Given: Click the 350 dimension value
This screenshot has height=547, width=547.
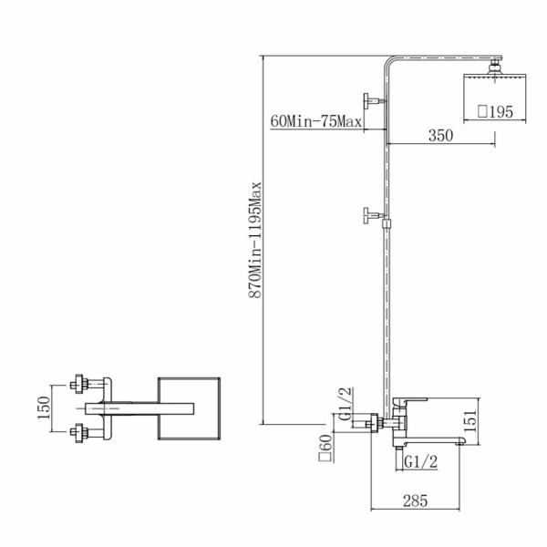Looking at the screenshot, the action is (440, 135).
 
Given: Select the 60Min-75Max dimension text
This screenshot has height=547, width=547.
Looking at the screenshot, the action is (316, 122).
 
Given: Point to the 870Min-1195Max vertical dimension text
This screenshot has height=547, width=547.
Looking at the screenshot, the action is (255, 239).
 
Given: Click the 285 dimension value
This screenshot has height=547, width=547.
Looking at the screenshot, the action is (415, 501).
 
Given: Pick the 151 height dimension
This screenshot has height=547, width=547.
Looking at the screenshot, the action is (471, 421).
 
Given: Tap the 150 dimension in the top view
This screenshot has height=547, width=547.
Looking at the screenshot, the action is (45, 408).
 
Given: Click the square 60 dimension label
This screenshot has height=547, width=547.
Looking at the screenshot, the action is (325, 448).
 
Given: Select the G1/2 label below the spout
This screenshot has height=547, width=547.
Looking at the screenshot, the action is (420, 462).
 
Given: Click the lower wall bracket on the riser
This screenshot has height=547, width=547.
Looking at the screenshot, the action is (373, 215).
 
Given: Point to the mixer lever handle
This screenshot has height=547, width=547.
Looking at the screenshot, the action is (410, 402).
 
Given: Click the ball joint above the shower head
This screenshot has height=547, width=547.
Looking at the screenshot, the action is (495, 66).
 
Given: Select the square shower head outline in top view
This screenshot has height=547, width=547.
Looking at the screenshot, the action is (189, 408).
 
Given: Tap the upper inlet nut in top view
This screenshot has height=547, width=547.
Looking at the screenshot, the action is (79, 385).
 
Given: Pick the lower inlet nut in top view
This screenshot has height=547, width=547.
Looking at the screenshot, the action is (79, 433).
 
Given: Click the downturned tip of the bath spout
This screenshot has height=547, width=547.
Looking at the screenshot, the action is (460, 442).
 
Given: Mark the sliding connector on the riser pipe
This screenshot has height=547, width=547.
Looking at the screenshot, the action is (387, 223).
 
